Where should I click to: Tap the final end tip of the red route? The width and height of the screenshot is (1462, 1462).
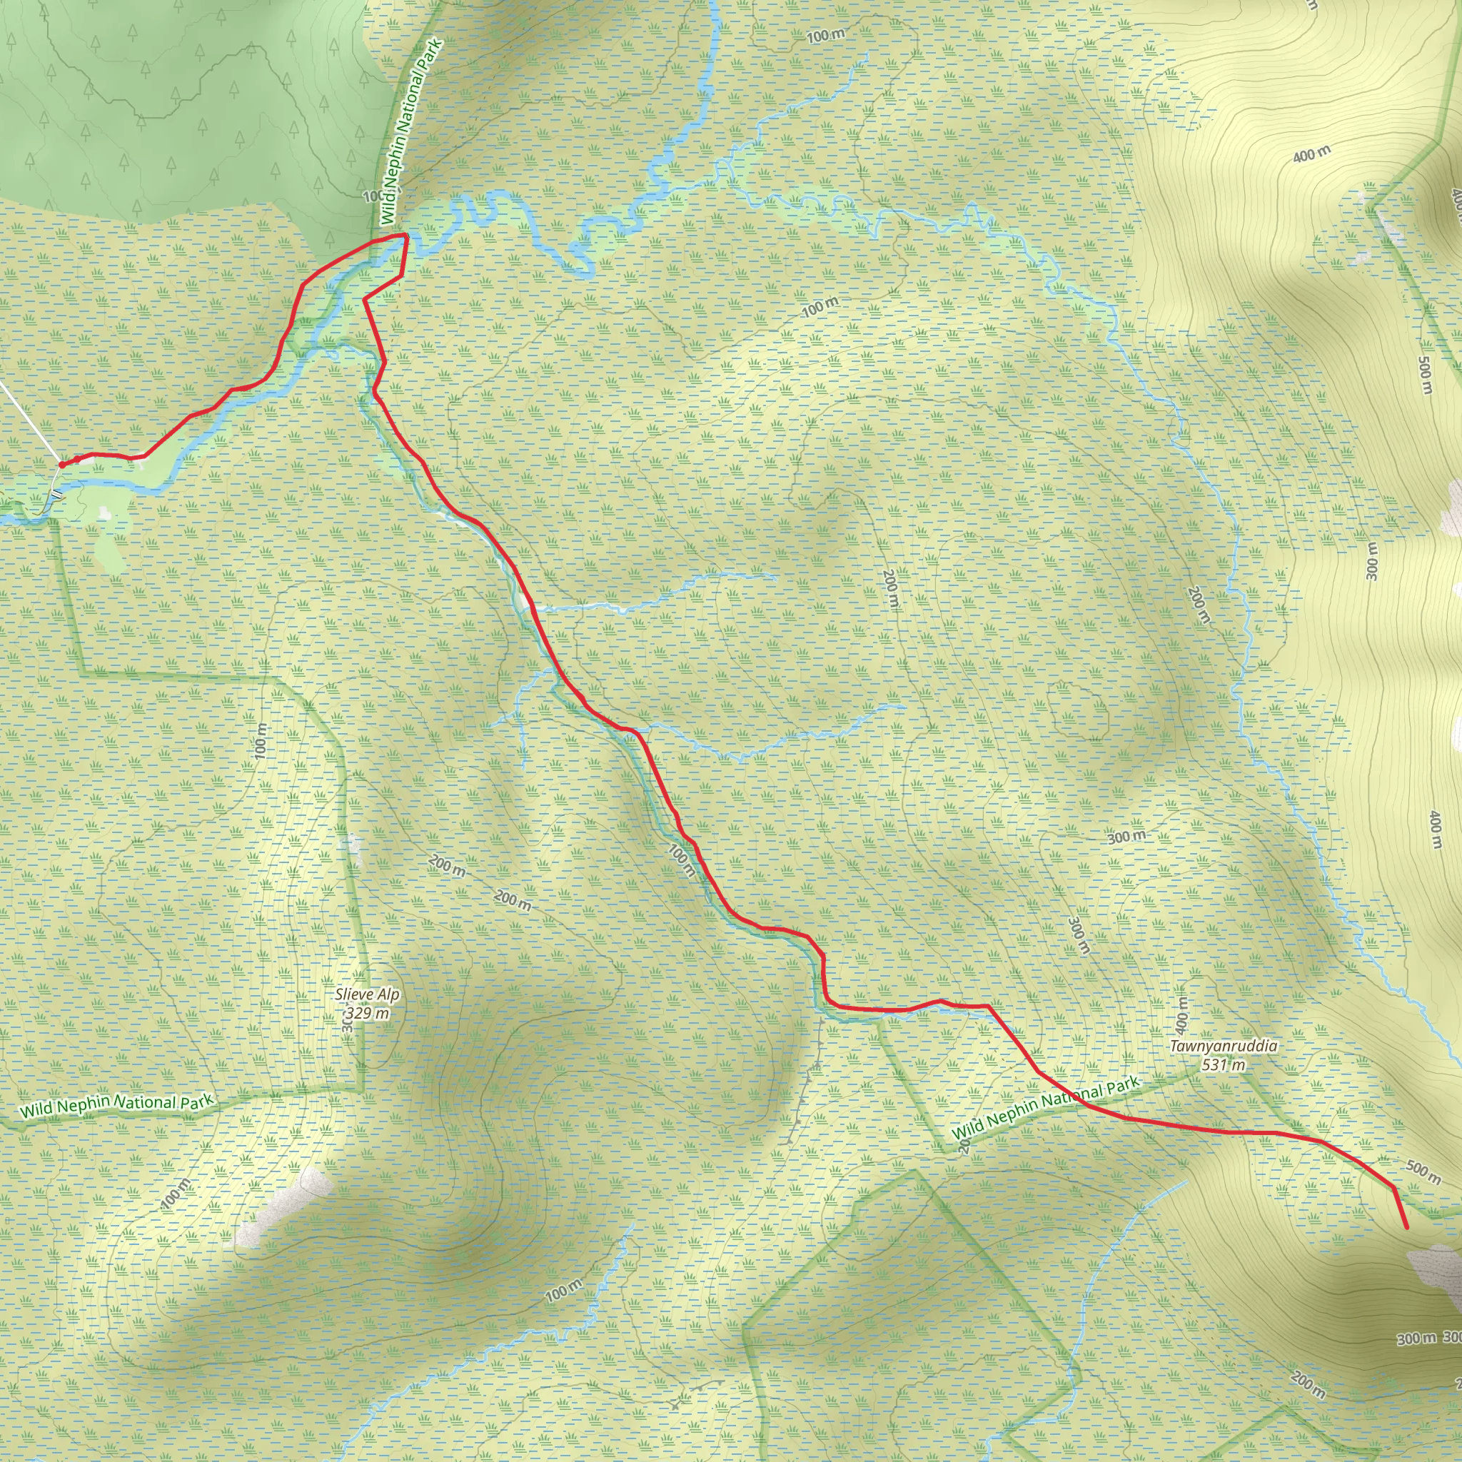pos(1407,1227)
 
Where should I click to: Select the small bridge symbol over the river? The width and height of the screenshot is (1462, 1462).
pos(57,495)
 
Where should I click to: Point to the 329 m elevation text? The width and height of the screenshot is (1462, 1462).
pos(368,1013)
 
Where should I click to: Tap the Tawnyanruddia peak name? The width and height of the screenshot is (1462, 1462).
pos(1224,1047)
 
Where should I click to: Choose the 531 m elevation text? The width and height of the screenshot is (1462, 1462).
pos(1224,1064)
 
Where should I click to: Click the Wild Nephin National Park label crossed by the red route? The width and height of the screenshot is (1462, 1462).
pos(1045,1108)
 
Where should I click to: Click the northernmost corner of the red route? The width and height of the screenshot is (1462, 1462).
pos(406,236)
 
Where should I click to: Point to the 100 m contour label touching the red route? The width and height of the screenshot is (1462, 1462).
pos(682,860)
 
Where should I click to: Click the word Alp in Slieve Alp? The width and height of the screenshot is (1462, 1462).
pos(388,994)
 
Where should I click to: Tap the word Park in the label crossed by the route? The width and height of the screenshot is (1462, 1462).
pos(1122,1088)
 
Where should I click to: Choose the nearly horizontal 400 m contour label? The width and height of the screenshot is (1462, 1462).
pos(1311,154)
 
